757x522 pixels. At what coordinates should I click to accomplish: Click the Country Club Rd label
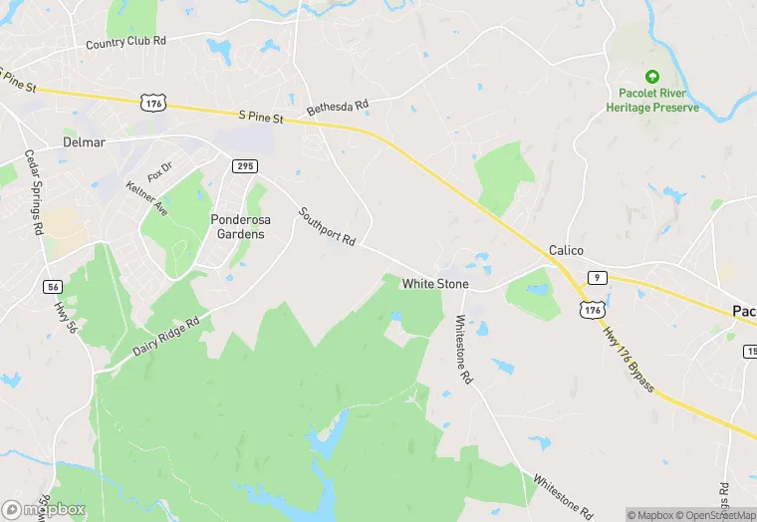[126, 43]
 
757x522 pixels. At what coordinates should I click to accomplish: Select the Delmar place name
[84, 142]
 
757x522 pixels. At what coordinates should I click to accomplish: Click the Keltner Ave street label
[146, 199]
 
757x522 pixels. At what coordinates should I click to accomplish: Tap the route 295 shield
[245, 164]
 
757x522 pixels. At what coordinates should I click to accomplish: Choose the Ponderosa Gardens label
[239, 226]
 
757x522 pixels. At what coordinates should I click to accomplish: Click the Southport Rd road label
[326, 226]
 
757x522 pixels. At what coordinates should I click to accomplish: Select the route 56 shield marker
[54, 287]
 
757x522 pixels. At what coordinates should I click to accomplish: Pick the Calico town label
[565, 250]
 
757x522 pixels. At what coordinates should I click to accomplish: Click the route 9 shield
[595, 276]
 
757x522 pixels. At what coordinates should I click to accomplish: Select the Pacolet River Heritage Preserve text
[652, 100]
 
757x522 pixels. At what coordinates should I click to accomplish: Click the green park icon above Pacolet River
[652, 76]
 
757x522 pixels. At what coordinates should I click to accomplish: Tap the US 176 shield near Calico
[594, 311]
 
